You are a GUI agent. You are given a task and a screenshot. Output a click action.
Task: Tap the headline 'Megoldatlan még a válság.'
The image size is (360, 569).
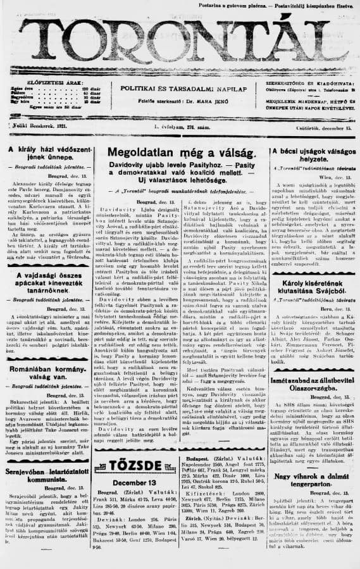pyautogui.click(x=182, y=153)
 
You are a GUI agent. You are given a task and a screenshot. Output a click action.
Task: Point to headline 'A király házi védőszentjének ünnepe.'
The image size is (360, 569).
pyautogui.click(x=47, y=155)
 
